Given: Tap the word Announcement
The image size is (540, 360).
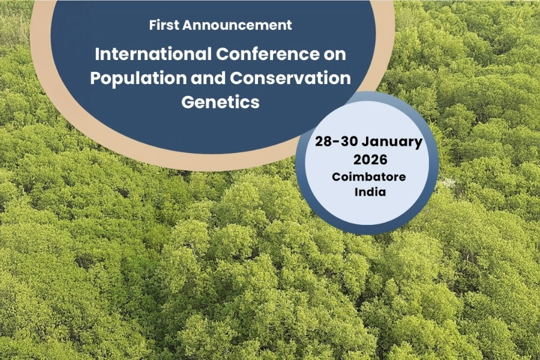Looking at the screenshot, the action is [x=237, y=25].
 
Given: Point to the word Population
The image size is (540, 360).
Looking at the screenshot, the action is [x=139, y=78].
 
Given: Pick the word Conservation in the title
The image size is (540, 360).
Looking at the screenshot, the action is [x=290, y=78].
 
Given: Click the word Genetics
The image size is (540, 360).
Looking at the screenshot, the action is [x=220, y=102].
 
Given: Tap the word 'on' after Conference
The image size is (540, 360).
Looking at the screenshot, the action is [x=335, y=55].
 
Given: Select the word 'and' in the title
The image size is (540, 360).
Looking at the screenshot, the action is [x=208, y=78].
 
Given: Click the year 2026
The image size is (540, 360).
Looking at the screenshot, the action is [x=370, y=160].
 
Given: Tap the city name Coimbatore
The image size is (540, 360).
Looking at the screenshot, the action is [x=369, y=177].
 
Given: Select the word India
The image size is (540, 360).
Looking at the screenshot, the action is [x=370, y=191].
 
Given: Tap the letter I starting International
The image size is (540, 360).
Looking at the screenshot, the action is [x=97, y=54].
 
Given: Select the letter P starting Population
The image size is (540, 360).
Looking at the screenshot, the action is [x=96, y=78].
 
